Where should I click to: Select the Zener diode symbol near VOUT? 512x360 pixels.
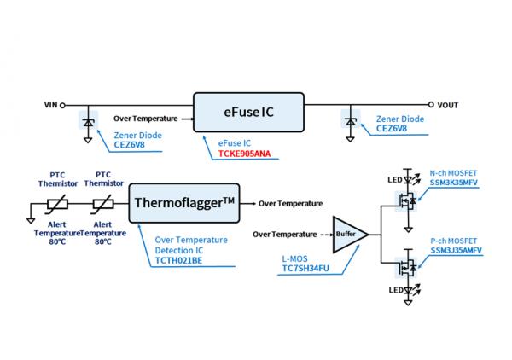(350, 122)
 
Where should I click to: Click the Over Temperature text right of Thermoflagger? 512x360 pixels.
(290, 204)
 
